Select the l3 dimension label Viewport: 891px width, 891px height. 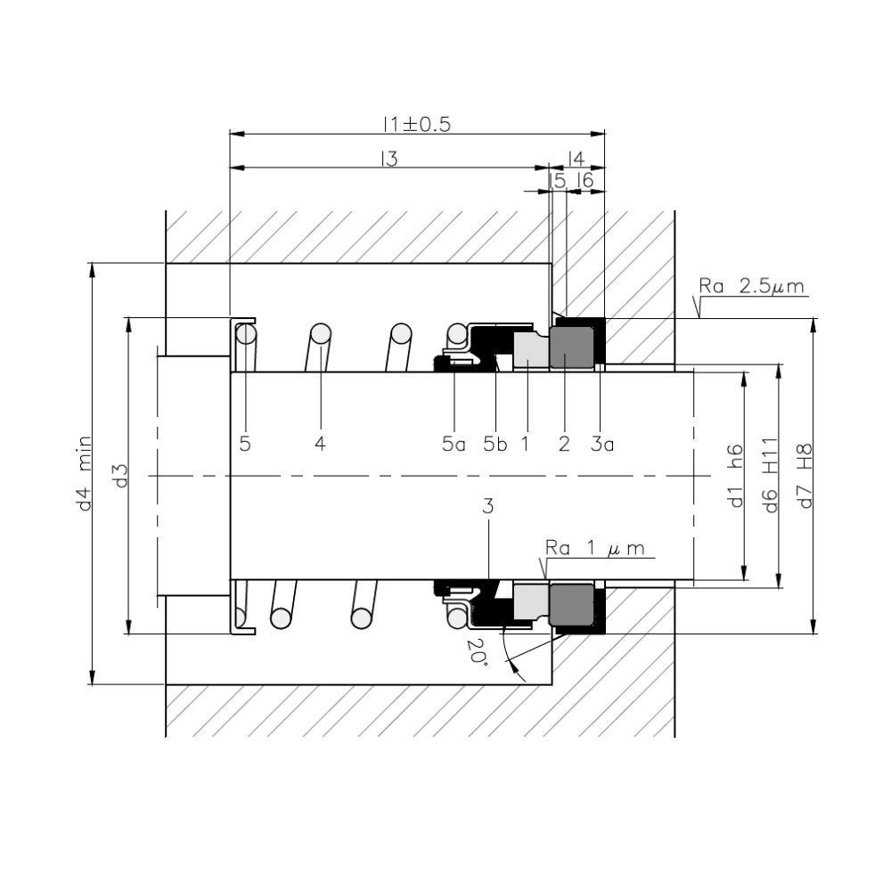[x=388, y=159]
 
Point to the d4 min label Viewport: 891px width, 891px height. [x=86, y=473]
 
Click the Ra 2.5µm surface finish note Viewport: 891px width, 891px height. [x=753, y=287]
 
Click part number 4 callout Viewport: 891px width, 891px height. [x=320, y=443]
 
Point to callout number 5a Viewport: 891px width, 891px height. [x=454, y=443]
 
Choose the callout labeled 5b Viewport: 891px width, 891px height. [x=495, y=443]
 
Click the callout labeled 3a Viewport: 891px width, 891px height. [x=602, y=443]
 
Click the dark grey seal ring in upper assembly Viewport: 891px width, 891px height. [x=572, y=347]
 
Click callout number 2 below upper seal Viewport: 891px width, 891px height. [x=563, y=443]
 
